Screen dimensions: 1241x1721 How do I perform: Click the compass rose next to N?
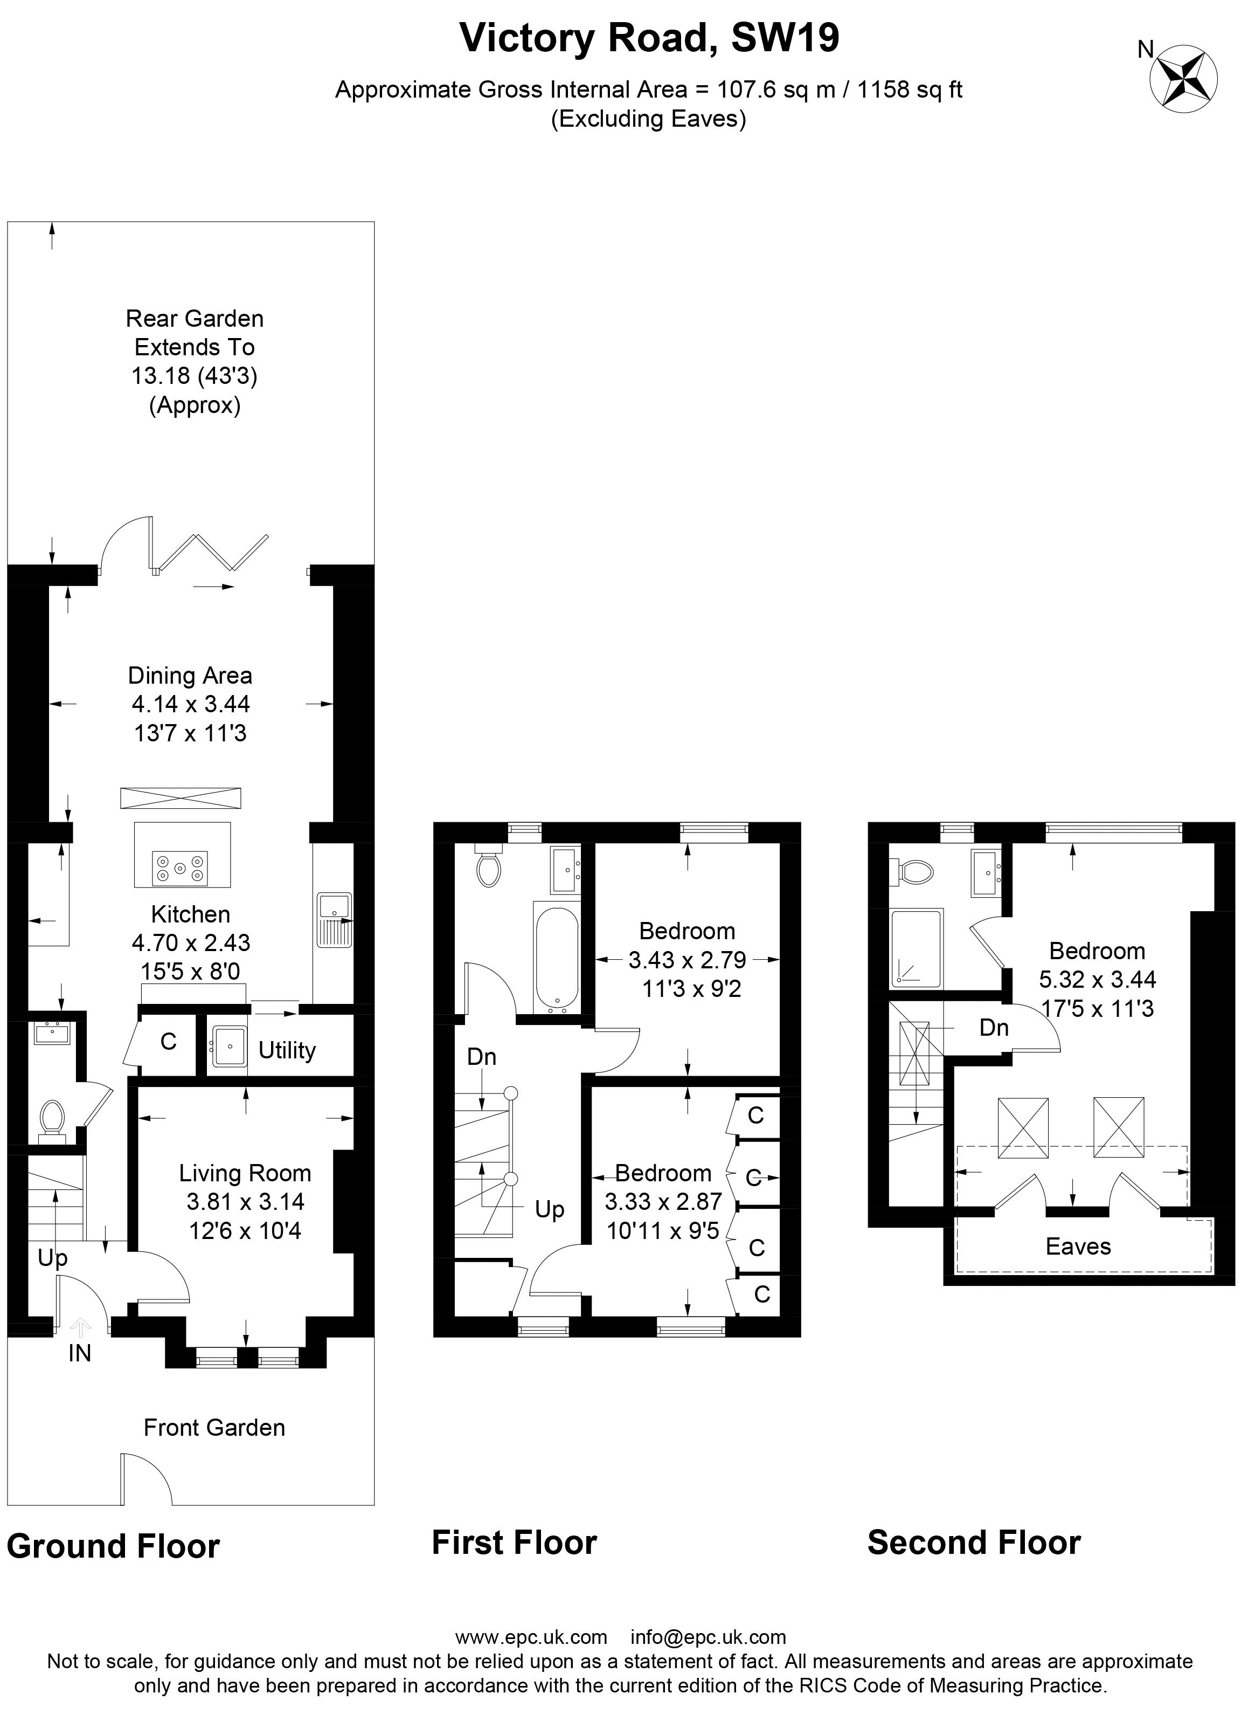pyautogui.click(x=1184, y=79)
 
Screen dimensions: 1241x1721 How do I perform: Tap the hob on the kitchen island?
pyautogui.click(x=181, y=868)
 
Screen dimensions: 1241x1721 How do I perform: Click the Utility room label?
pyautogui.click(x=287, y=1050)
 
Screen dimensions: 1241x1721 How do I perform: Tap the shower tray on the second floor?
pyautogui.click(x=917, y=949)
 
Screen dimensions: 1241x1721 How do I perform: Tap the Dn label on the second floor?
pyautogui.click(x=994, y=1028)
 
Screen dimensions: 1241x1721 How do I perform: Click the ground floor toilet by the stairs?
pyautogui.click(x=52, y=1121)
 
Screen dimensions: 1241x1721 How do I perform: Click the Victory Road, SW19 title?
pyautogui.click(x=649, y=37)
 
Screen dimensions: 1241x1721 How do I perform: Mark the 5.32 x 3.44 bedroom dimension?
pyautogui.click(x=1097, y=980)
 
